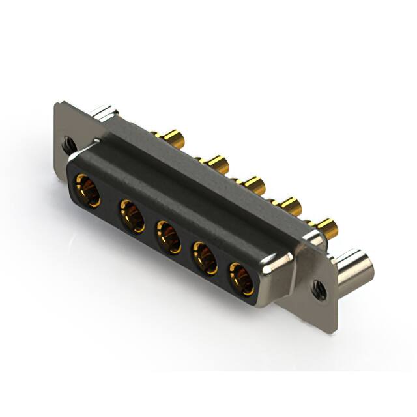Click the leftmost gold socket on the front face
coord(87,190)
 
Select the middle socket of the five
coord(168,237)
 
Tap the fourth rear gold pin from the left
coord(288,205)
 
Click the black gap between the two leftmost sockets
coord(109,203)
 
